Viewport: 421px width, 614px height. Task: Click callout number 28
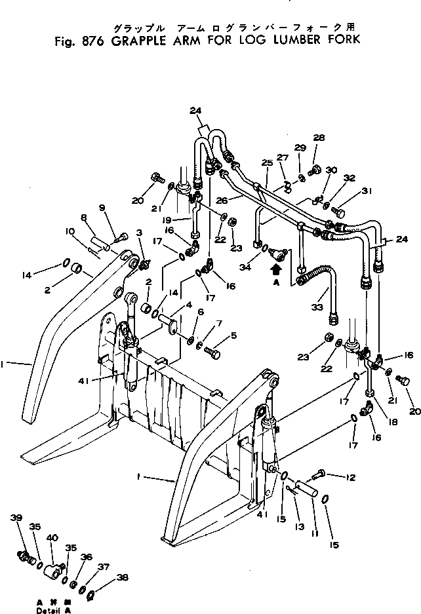click(319, 138)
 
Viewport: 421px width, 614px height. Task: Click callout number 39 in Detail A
click(16, 518)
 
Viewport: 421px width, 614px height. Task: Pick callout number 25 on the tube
click(267, 162)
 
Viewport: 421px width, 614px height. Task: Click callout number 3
click(139, 233)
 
